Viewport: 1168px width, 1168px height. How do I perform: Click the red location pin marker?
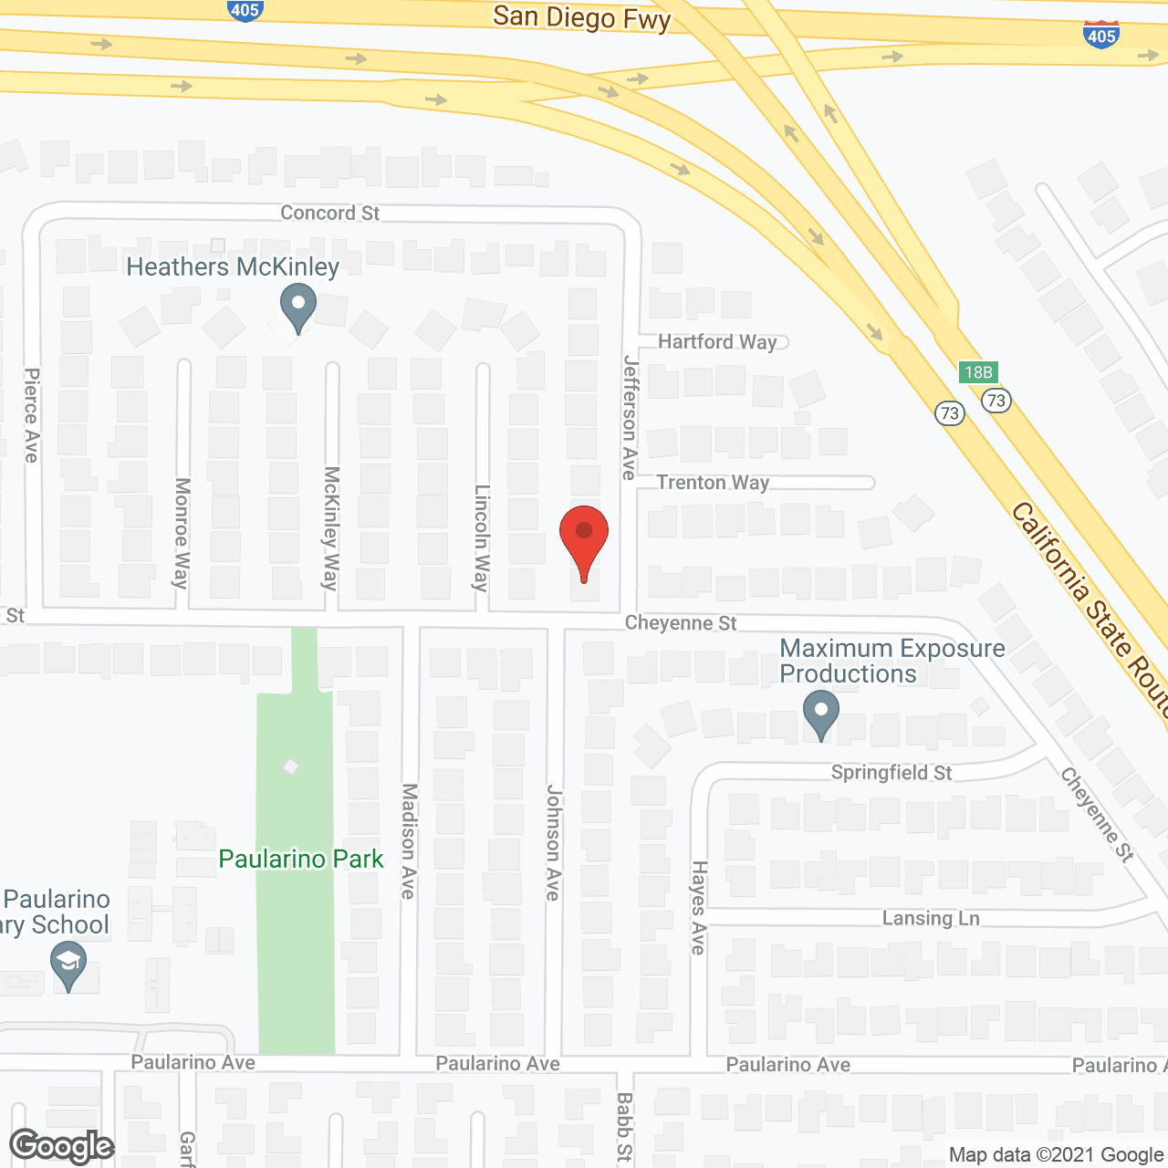coord(584,538)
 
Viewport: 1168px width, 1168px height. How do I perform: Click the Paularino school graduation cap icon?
coord(68,965)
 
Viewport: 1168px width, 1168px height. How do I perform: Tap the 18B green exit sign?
coord(978,372)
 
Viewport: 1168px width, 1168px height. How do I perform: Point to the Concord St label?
coord(329,213)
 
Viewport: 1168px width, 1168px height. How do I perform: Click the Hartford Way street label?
coord(717,341)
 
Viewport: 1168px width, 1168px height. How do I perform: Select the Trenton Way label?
coord(713,482)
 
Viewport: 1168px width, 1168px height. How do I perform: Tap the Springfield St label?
coord(891,773)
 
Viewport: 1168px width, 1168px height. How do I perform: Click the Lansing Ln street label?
coord(931,918)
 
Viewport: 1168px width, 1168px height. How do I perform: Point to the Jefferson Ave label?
coord(630,417)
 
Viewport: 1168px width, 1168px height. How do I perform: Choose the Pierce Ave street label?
coord(32,415)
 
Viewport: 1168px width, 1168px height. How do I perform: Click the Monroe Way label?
coord(182,532)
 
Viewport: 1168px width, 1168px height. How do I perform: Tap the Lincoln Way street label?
coord(482,537)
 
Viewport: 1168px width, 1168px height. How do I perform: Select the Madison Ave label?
coord(409,840)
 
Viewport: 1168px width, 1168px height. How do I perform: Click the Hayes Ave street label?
coord(698,907)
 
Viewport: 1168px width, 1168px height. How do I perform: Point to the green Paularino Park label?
coord(301,859)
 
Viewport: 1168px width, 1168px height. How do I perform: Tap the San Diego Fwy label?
coord(581,17)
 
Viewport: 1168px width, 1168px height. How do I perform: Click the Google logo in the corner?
coord(62,1146)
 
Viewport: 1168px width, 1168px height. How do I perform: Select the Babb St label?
coord(624,1128)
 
